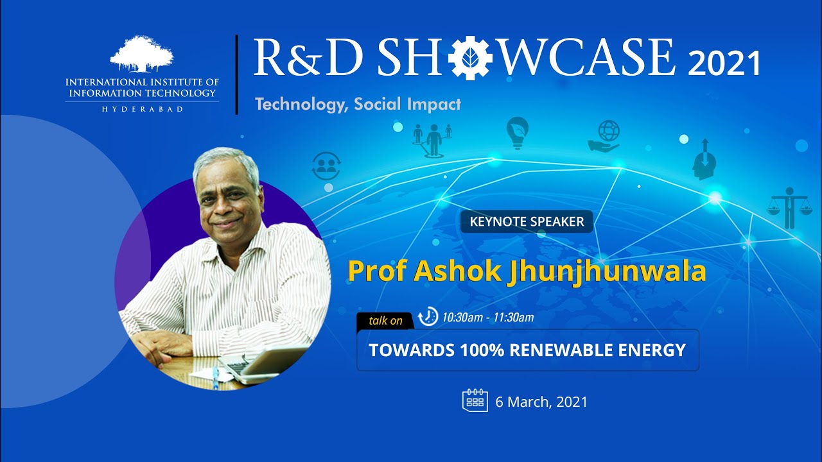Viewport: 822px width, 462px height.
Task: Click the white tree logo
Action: [142, 54]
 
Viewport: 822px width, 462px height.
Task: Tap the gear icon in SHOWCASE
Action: [470, 58]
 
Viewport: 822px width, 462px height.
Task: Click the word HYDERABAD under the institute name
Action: [143, 109]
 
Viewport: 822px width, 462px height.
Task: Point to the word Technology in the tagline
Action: [301, 105]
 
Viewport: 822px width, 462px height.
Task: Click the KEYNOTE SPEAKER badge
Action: [527, 221]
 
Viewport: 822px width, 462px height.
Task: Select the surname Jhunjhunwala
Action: [606, 271]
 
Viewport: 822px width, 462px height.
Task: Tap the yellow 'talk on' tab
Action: [385, 321]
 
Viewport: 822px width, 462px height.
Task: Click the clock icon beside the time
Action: [428, 316]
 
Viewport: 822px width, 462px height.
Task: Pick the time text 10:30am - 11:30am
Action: [488, 317]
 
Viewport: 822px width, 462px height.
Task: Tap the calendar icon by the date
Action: [475, 400]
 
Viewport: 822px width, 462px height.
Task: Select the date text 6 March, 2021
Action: [541, 402]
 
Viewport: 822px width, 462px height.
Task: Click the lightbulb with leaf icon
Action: [518, 133]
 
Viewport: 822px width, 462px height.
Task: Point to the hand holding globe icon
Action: [604, 136]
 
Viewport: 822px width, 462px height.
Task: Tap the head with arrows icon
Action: [704, 160]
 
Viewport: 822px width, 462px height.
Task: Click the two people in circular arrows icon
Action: [326, 166]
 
